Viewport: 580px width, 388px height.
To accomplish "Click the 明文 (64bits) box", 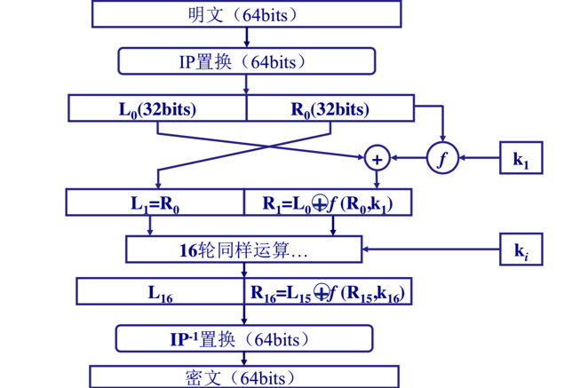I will coord(246,14).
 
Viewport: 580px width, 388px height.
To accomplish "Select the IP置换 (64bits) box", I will coord(246,60).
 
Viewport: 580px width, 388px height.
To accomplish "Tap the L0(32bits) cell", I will coord(157,109).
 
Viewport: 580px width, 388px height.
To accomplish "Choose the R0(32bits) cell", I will coord(330,109).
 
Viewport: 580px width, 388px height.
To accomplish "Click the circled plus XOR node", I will coord(377,159).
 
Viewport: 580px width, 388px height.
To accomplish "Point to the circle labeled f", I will coord(442,159).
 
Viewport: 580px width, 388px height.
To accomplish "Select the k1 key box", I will coord(520,159).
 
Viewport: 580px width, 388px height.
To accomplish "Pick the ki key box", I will coord(520,249).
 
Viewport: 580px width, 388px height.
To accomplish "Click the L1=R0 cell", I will coord(155,202).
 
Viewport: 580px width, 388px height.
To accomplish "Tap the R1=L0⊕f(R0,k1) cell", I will coord(330,202).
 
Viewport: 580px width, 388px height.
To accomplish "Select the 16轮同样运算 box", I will coord(245,249).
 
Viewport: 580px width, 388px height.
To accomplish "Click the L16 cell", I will coord(160,291).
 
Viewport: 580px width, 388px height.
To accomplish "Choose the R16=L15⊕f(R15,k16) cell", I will coord(330,291).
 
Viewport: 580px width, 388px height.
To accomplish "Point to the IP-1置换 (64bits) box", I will coord(245,338).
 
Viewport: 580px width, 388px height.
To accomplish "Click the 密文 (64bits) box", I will coord(245,376).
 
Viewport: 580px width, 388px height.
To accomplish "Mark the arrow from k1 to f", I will coord(478,159).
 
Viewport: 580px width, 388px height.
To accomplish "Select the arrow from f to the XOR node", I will coord(409,159).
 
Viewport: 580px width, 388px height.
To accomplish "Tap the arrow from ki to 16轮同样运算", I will coord(431,249).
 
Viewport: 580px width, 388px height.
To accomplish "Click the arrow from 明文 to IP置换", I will coord(246,37).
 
